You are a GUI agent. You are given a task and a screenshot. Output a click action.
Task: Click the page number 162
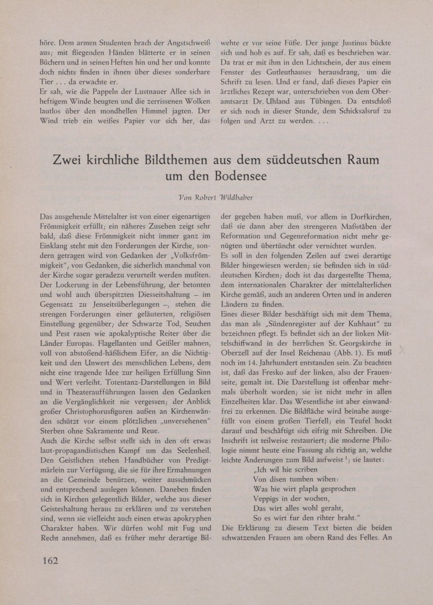point(50,560)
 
